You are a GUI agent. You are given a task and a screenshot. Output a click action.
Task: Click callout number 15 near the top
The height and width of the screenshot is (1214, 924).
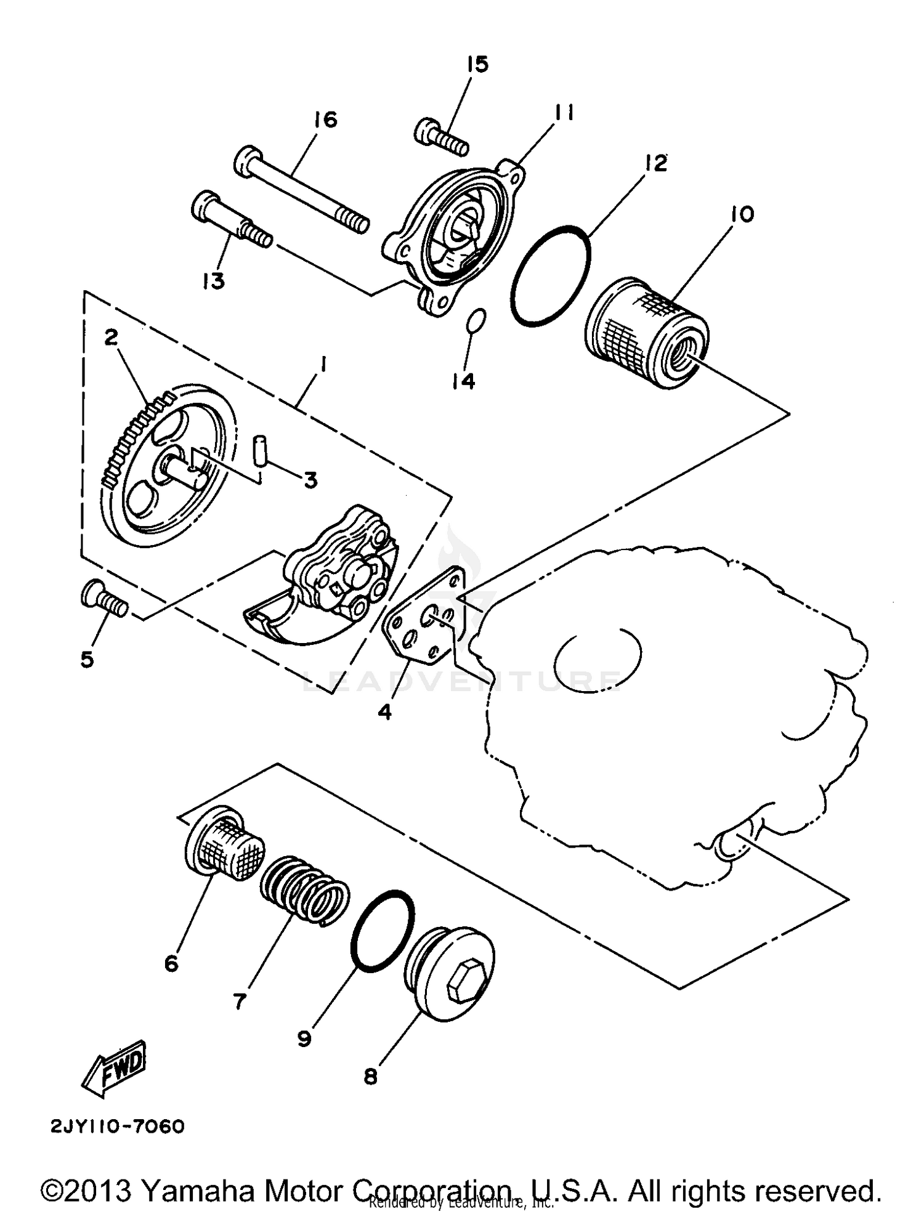click(x=477, y=64)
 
